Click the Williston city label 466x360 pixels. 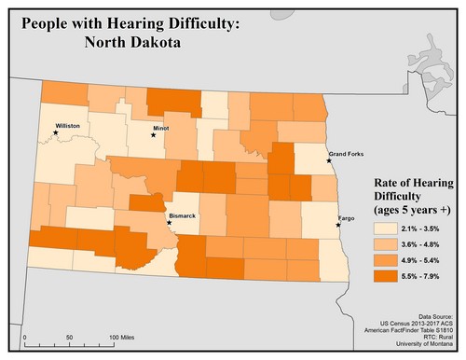pos(68,124)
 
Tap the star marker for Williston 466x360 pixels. pos(56,132)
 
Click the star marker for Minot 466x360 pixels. pos(155,135)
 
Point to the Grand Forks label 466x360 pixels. pos(347,152)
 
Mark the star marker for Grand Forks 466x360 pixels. pos(329,160)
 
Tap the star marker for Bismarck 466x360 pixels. pos(169,223)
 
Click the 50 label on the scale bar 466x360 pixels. pos(70,336)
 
